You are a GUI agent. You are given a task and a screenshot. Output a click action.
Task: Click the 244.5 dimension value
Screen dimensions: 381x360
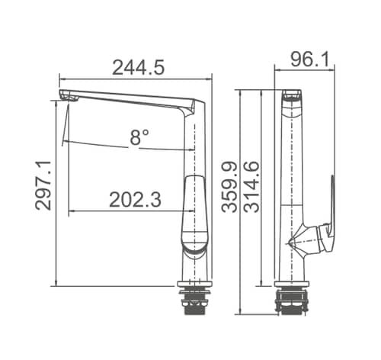(139, 68)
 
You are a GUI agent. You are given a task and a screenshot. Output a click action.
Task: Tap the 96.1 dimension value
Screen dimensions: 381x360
(309, 59)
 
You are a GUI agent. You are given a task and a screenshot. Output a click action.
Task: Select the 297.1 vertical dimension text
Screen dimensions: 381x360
(43, 185)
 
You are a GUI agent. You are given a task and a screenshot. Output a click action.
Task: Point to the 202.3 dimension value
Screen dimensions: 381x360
(135, 200)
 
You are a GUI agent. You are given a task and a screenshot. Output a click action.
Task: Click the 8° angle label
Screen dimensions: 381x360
(139, 137)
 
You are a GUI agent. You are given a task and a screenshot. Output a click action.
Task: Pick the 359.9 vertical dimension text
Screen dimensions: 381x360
(229, 187)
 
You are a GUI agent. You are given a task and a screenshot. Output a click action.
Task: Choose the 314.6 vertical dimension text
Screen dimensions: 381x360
(251, 187)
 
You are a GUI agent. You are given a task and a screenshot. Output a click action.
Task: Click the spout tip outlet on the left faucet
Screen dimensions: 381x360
(68, 97)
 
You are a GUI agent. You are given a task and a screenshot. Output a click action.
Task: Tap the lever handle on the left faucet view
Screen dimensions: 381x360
(195, 213)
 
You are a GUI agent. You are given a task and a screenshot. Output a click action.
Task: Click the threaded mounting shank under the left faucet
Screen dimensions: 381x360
(194, 304)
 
